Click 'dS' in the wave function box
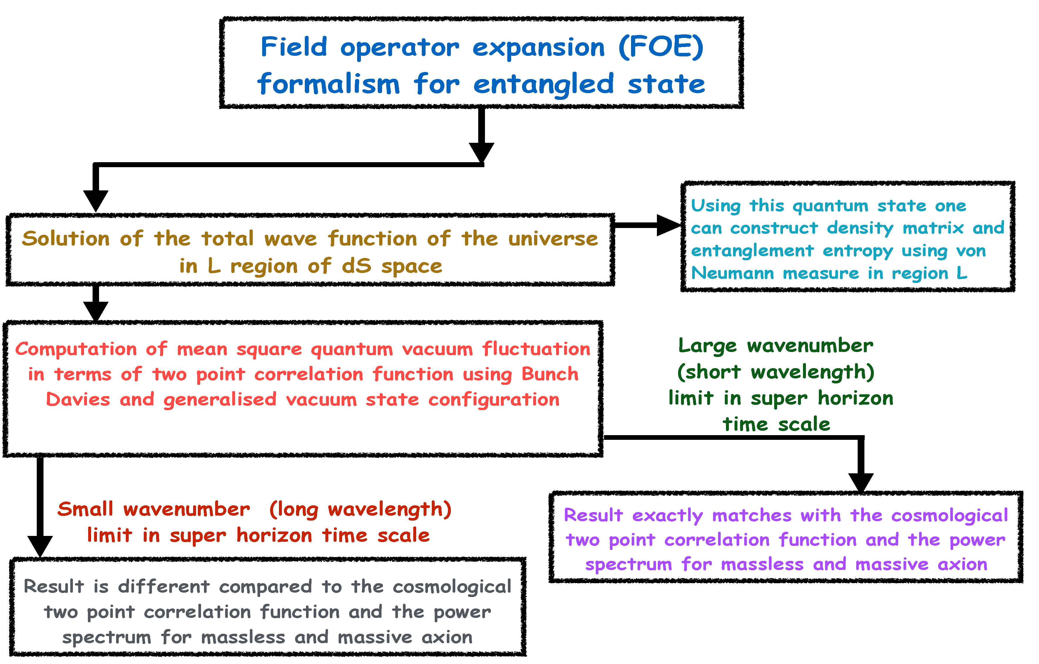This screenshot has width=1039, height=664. [357, 266]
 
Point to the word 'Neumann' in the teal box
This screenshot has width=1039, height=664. [732, 273]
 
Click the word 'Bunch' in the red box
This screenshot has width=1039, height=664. [550, 374]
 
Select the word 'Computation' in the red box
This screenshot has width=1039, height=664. [76, 349]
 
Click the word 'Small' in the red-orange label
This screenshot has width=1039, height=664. [86, 509]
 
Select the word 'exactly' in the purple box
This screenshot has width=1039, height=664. [667, 516]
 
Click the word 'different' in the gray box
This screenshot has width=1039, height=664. [164, 587]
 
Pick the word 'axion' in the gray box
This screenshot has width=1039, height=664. [447, 637]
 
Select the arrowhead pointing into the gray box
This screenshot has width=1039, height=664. [40, 545]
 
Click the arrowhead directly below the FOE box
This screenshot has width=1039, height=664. [481, 152]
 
